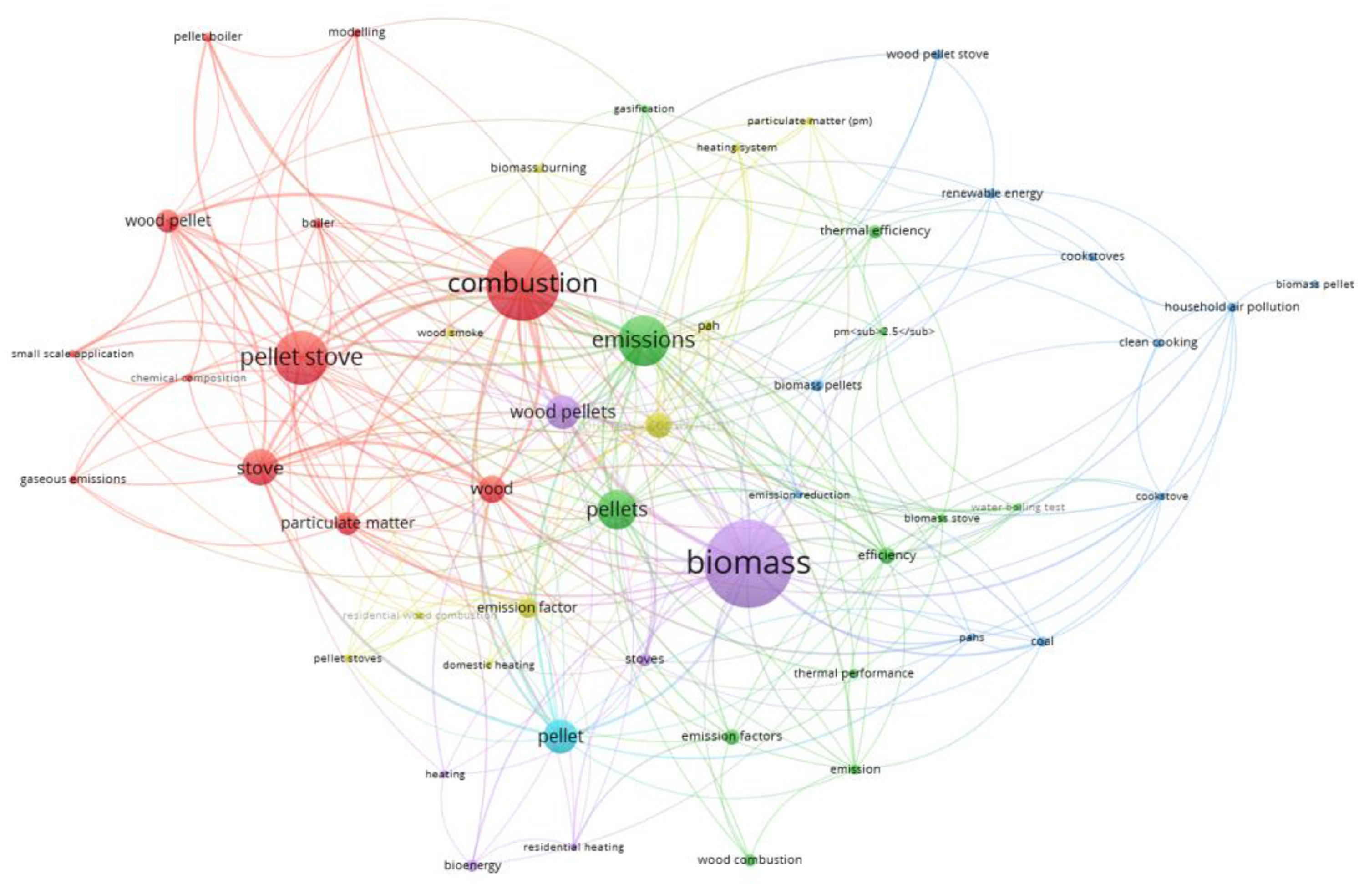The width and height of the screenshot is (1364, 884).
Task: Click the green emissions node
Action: click(643, 340)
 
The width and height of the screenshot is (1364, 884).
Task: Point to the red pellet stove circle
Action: click(301, 358)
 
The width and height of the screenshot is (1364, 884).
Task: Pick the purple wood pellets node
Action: click(563, 412)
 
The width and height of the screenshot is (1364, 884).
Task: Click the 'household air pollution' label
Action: click(1231, 307)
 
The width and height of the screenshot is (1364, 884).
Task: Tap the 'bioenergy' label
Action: click(472, 865)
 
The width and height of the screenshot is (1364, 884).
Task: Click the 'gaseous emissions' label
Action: click(73, 479)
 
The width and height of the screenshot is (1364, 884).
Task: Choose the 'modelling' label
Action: click(356, 32)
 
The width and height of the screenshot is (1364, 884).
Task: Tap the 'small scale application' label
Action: click(72, 354)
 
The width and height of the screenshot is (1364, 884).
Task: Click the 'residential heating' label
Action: click(573, 847)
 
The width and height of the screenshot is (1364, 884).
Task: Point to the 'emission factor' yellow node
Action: click(527, 608)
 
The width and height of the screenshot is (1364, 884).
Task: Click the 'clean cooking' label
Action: click(1158, 343)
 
